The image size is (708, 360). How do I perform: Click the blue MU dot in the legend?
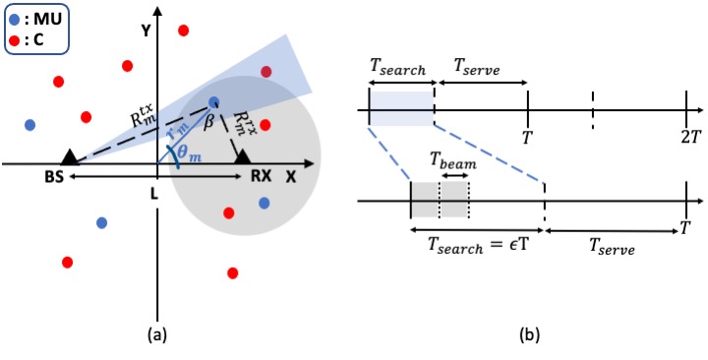click(x=15, y=21)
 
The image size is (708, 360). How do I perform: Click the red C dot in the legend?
click(x=15, y=40)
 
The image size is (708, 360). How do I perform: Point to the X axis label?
click(x=290, y=177)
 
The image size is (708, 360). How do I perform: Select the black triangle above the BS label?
click(x=69, y=156)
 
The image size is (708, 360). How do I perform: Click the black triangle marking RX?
click(x=243, y=156)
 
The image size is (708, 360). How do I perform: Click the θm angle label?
click(x=189, y=153)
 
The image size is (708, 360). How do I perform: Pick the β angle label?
click(x=208, y=122)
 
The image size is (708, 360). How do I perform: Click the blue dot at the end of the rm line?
click(x=214, y=102)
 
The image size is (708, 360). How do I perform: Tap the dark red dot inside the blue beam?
click(x=265, y=72)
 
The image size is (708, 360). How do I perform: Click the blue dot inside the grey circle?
click(x=265, y=203)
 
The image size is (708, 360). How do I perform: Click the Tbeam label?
click(x=452, y=161)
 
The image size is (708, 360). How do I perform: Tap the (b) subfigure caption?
click(x=529, y=335)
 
